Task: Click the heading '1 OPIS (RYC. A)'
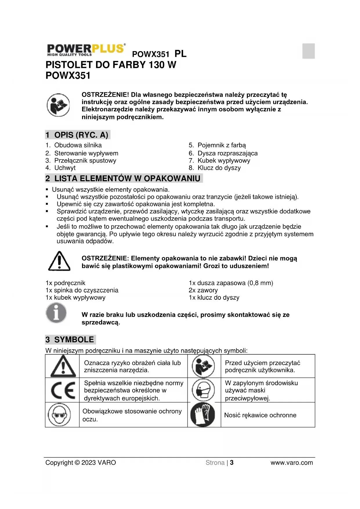click(77, 135)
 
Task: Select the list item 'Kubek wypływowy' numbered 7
click(223, 160)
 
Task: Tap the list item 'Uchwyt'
click(65, 168)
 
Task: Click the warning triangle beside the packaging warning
click(59, 261)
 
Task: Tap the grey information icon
click(56, 313)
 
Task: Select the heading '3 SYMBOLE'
click(70, 340)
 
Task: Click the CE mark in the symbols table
click(63, 390)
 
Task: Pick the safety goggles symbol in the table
click(59, 415)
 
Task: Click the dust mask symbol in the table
click(203, 390)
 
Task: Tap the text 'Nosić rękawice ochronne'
click(260, 415)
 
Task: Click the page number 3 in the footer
click(232, 463)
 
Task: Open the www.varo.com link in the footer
click(292, 463)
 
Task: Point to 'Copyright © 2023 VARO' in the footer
click(81, 463)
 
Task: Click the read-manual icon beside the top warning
click(58, 105)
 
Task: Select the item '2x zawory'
click(203, 290)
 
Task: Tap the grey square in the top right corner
click(308, 51)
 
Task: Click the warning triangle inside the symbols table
click(63, 366)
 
